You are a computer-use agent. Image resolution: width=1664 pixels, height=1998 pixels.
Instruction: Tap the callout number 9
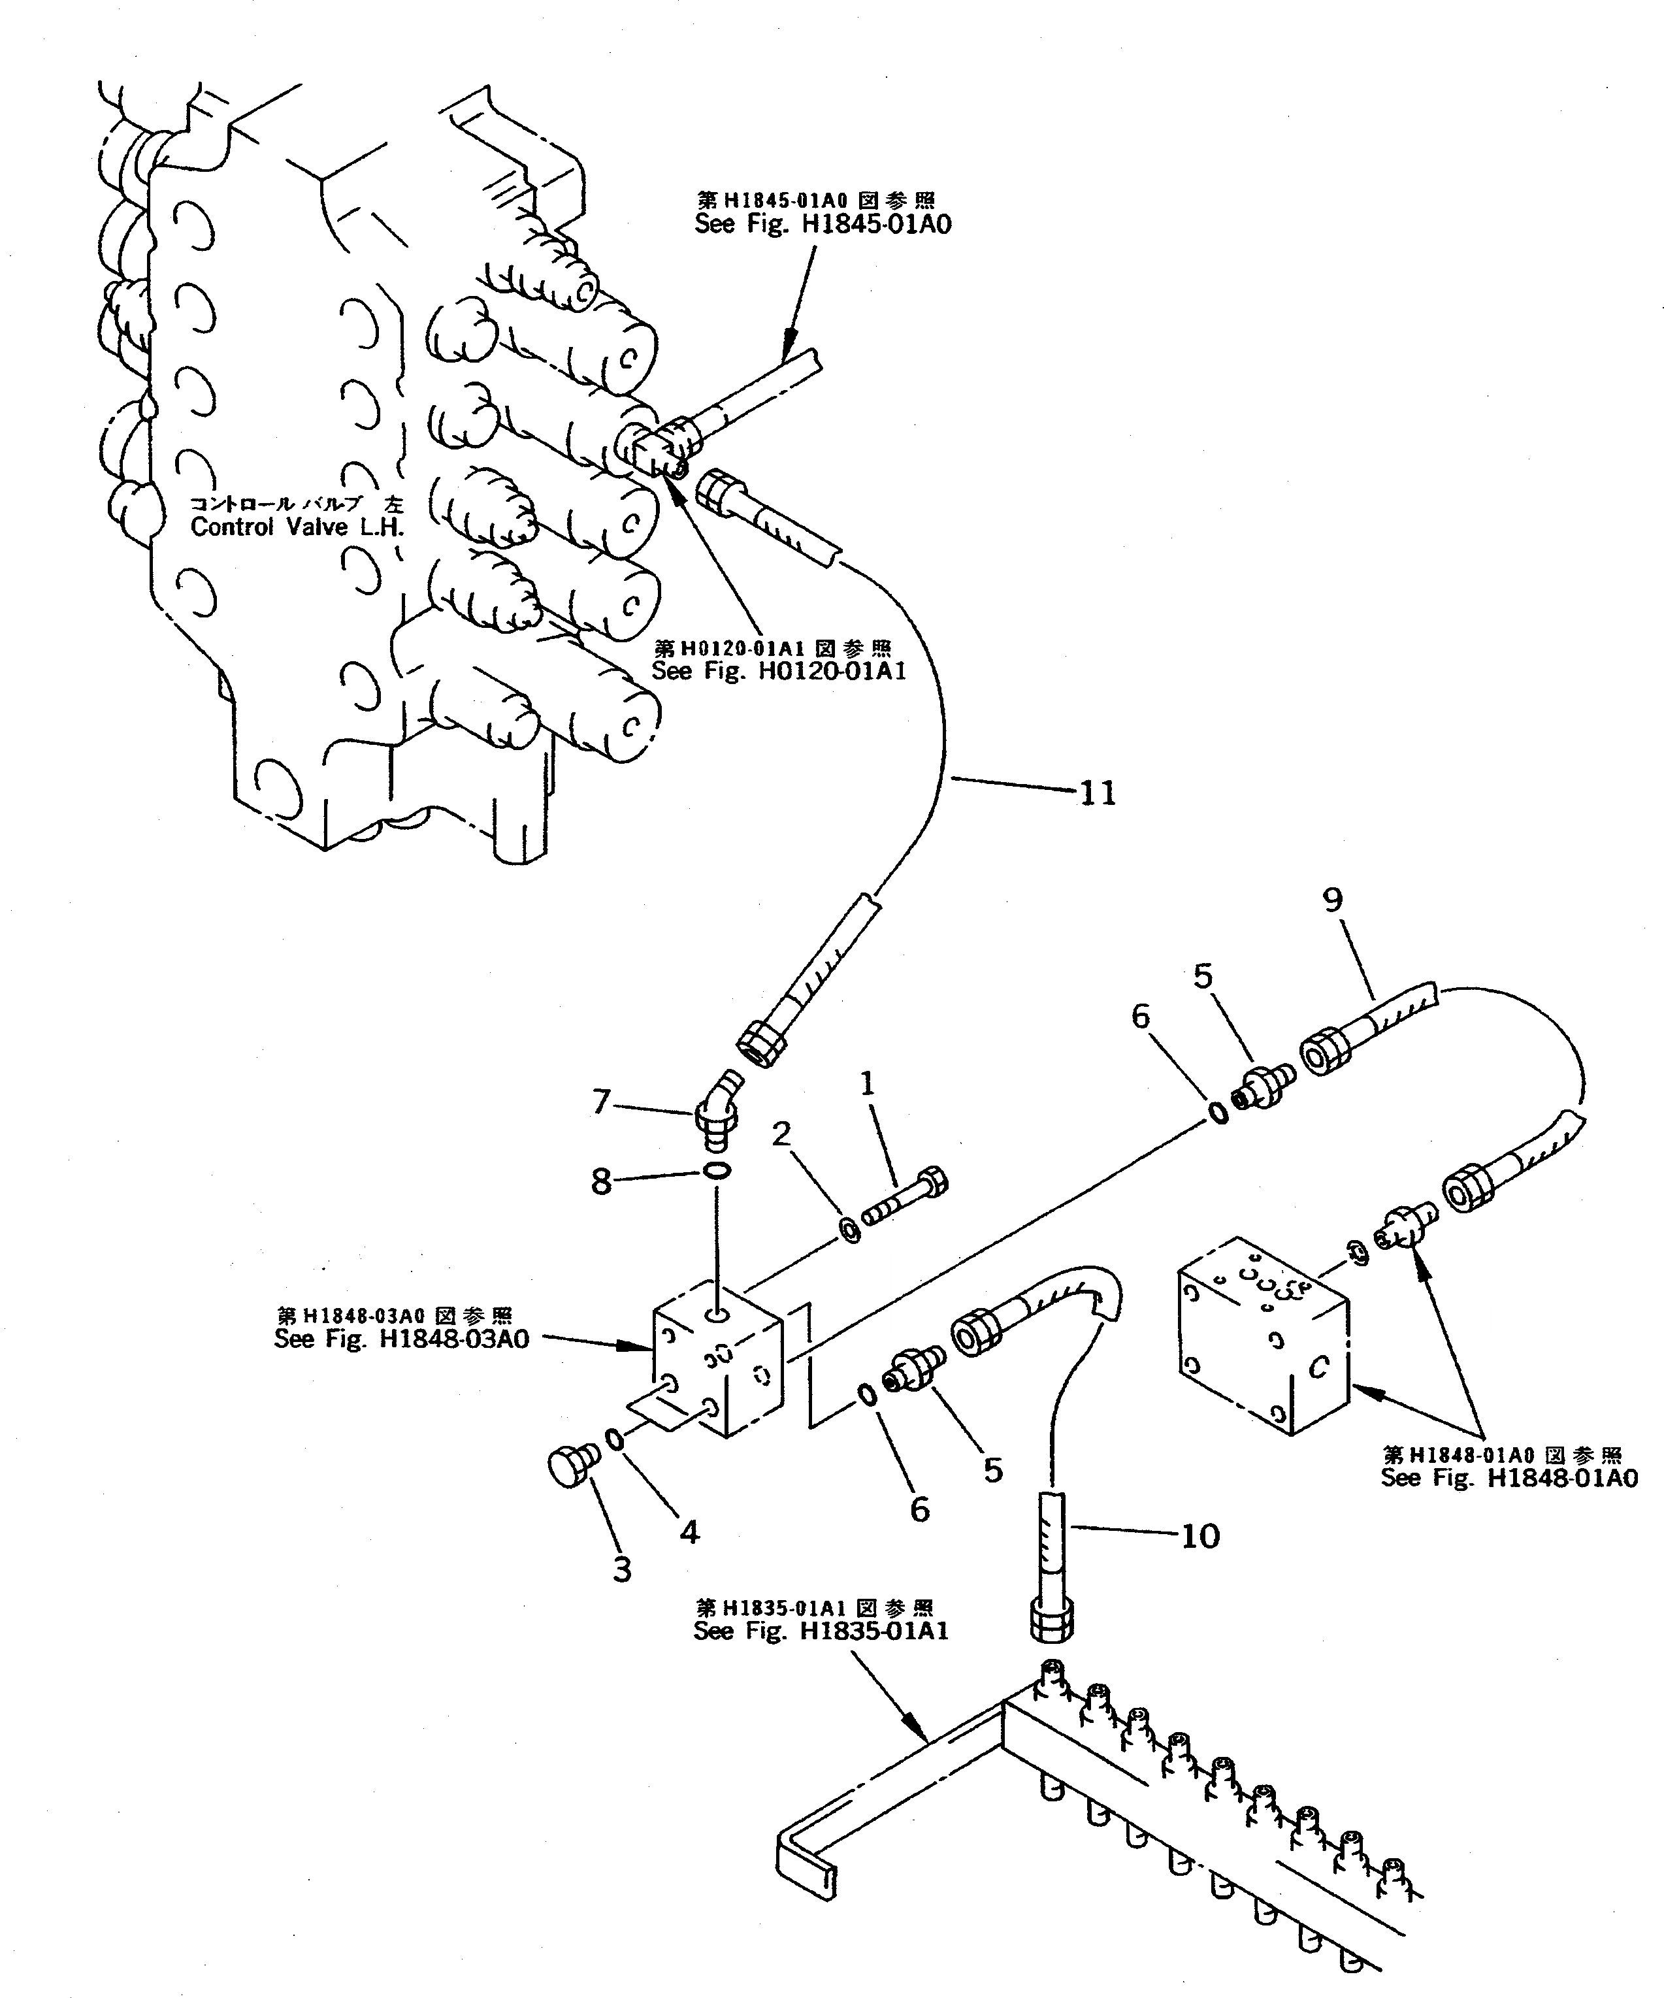(1332, 899)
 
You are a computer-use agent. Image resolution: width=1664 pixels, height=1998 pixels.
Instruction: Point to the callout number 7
(601, 1102)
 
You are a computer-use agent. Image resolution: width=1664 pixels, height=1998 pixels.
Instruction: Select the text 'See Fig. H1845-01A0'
(823, 225)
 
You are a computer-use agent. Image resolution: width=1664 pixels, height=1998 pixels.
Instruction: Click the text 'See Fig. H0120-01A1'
(778, 671)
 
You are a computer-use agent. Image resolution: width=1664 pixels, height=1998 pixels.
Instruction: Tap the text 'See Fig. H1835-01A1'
(820, 1631)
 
